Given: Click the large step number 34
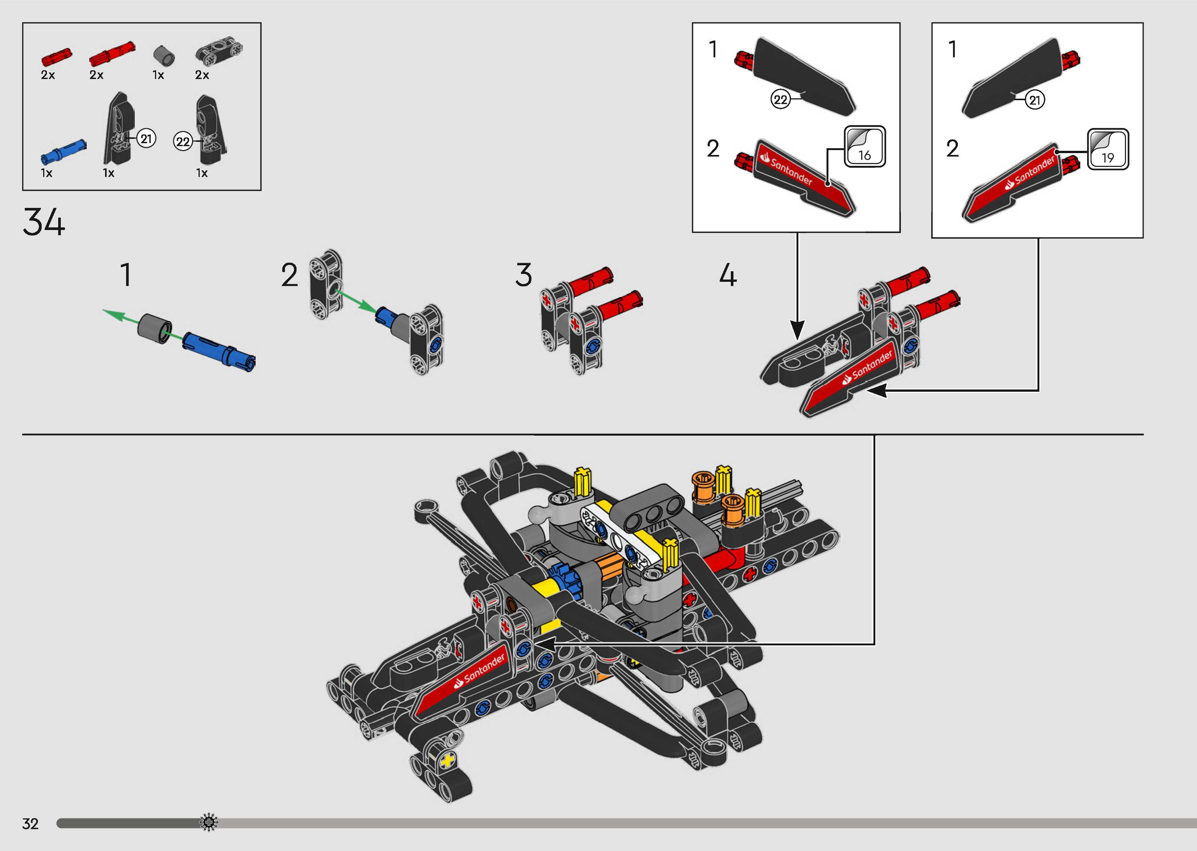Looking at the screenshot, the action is (x=44, y=222).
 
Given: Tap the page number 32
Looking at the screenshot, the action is (x=30, y=824).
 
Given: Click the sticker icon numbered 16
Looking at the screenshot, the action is (x=865, y=147).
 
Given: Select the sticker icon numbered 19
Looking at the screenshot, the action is (x=1108, y=149).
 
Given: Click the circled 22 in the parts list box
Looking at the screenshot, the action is (x=182, y=141).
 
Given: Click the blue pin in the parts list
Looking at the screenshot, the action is (x=63, y=152).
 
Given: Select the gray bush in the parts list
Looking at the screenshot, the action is (x=164, y=55).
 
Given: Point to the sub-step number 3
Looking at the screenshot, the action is (x=523, y=275).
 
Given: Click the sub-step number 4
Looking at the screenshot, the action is (x=727, y=275).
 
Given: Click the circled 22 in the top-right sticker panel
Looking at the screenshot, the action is (x=780, y=99).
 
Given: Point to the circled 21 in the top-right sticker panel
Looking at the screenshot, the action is (x=1034, y=99).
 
